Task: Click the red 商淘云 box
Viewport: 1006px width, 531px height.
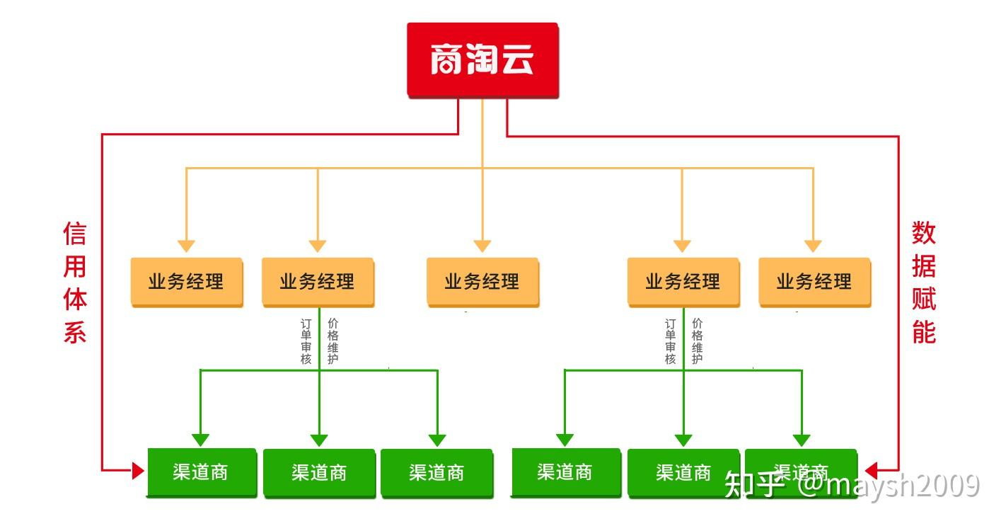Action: click(482, 60)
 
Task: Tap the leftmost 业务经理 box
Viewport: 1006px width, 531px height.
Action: click(187, 282)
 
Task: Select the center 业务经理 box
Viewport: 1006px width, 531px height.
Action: click(482, 282)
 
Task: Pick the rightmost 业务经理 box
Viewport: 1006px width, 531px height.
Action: click(814, 282)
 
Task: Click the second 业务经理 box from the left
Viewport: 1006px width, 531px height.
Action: click(318, 282)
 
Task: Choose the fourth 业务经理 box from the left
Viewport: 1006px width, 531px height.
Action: click(683, 282)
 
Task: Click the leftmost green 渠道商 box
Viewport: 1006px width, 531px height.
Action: click(201, 472)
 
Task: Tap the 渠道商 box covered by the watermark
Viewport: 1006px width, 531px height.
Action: click(801, 472)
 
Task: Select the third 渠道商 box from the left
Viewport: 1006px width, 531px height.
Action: click(436, 472)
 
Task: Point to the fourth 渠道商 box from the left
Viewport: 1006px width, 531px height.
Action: click(565, 472)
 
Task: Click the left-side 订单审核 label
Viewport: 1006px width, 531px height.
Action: click(306, 341)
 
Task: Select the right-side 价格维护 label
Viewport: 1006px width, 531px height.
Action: click(698, 341)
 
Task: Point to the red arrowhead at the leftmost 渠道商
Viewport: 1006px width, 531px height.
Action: click(138, 470)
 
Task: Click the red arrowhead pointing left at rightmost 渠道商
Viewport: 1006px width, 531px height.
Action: click(872, 470)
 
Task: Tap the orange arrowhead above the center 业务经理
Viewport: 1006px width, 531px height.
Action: click(482, 246)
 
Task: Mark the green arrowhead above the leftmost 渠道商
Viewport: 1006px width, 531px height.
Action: click(201, 440)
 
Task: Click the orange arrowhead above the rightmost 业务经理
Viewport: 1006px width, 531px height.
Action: click(814, 246)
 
